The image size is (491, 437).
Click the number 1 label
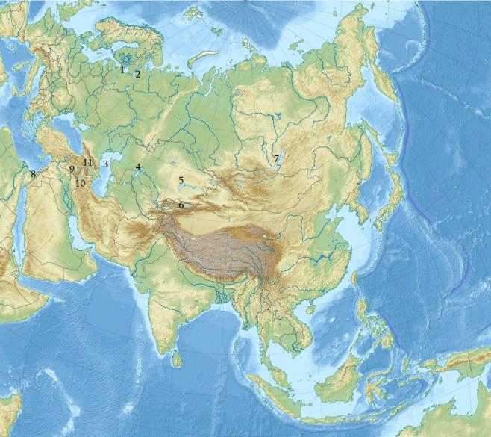[122, 69]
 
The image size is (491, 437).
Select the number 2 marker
[137, 74]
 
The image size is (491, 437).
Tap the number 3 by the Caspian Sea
[106, 164]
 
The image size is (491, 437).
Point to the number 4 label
[138, 167]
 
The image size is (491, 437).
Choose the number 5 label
[181, 180]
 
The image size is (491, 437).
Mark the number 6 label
[181, 205]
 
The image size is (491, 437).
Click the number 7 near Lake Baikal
[275, 158]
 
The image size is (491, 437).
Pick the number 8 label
[33, 174]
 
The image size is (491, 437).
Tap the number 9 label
[72, 169]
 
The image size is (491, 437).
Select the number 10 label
[80, 183]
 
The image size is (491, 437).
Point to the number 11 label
[87, 162]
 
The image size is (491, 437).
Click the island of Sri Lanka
[177, 360]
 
